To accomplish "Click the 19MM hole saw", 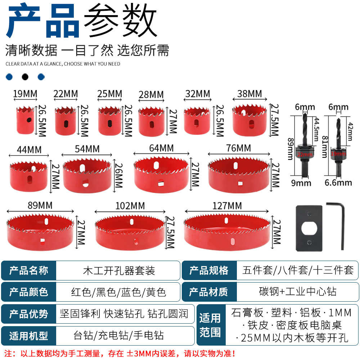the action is (25, 120).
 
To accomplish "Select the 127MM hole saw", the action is (227, 232).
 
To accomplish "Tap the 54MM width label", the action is (87, 149).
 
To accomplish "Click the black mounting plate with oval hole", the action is (309, 228).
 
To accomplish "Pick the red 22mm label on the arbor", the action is (305, 154).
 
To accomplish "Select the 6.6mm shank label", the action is (338, 183).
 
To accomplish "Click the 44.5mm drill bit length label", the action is (316, 129).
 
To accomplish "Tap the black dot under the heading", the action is (25, 77).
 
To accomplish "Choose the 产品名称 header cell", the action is (29, 270).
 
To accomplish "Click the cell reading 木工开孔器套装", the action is (118, 270).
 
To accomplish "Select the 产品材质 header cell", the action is (209, 292).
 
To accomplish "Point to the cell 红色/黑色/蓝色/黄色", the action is (118, 292).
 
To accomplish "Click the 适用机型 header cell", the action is (29, 336).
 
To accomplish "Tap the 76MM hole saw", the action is (239, 175).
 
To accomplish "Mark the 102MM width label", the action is (130, 206).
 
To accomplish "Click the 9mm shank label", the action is (301, 183).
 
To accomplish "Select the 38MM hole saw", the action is (249, 120).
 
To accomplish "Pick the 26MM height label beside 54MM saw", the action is (119, 175).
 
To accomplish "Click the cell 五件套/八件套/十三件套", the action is (298, 270).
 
